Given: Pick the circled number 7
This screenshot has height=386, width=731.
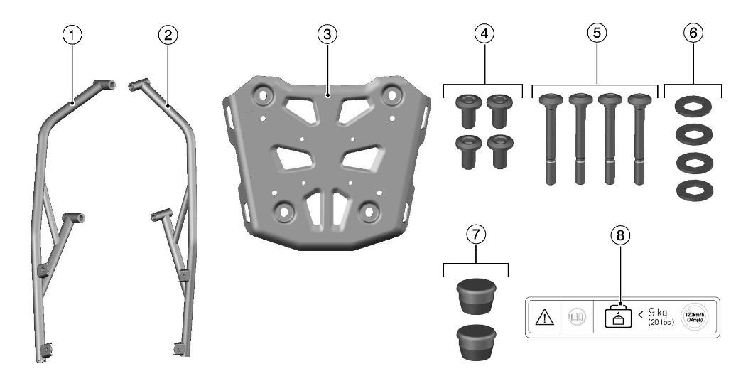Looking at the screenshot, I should coord(477,234).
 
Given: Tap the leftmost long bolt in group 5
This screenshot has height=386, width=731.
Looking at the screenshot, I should coord(550,138).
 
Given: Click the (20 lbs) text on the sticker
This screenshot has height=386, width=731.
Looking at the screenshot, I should coord(661,323).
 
